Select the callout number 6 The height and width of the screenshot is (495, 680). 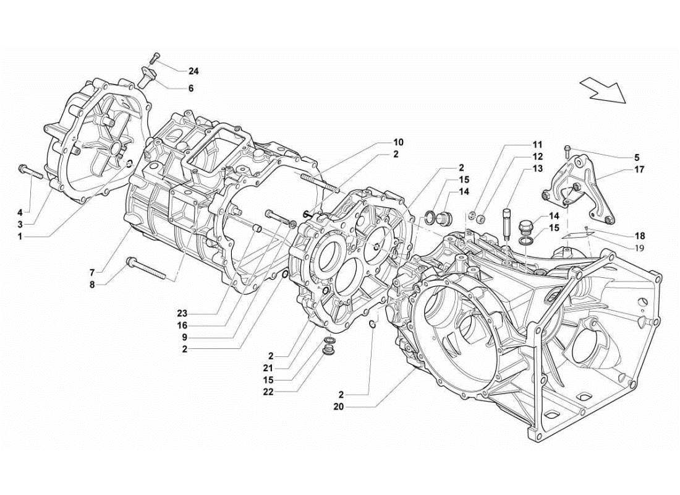coord(190,88)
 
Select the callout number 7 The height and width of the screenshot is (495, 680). coord(91,272)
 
